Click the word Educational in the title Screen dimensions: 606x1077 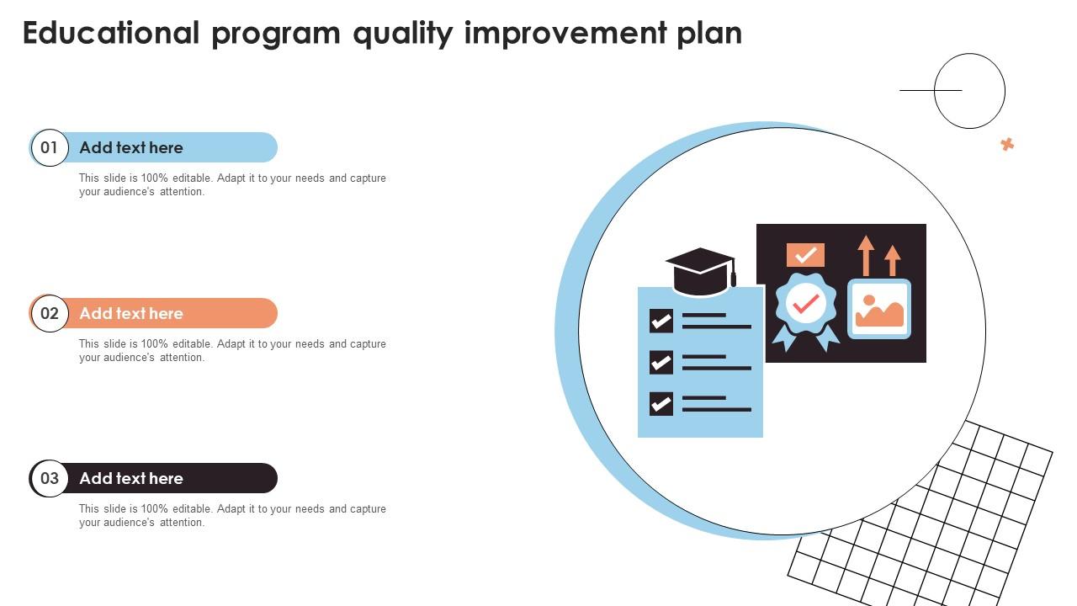pyautogui.click(x=111, y=33)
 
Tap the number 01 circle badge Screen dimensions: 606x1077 pyautogui.click(x=50, y=148)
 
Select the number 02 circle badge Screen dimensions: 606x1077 pyautogui.click(x=50, y=314)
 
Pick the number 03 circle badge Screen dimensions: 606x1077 pyautogui.click(x=50, y=479)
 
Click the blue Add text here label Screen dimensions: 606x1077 pyautogui.click(x=131, y=148)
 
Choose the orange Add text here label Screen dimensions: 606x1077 pyautogui.click(x=131, y=314)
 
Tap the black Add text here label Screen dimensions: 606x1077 pyautogui.click(x=131, y=479)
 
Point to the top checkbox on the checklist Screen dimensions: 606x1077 pyautogui.click(x=661, y=321)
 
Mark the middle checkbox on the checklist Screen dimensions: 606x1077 pyautogui.click(x=661, y=362)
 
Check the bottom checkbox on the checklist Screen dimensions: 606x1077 pyautogui.click(x=661, y=404)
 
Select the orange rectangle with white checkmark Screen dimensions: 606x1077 pyautogui.click(x=805, y=255)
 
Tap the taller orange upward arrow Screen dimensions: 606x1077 pyautogui.click(x=866, y=255)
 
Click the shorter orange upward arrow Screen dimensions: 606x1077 pyautogui.click(x=893, y=260)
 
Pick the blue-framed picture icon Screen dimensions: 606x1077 pyautogui.click(x=879, y=309)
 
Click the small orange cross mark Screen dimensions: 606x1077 pyautogui.click(x=1007, y=145)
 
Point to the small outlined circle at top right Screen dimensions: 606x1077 pyautogui.click(x=970, y=91)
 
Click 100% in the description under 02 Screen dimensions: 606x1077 pyautogui.click(x=155, y=344)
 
